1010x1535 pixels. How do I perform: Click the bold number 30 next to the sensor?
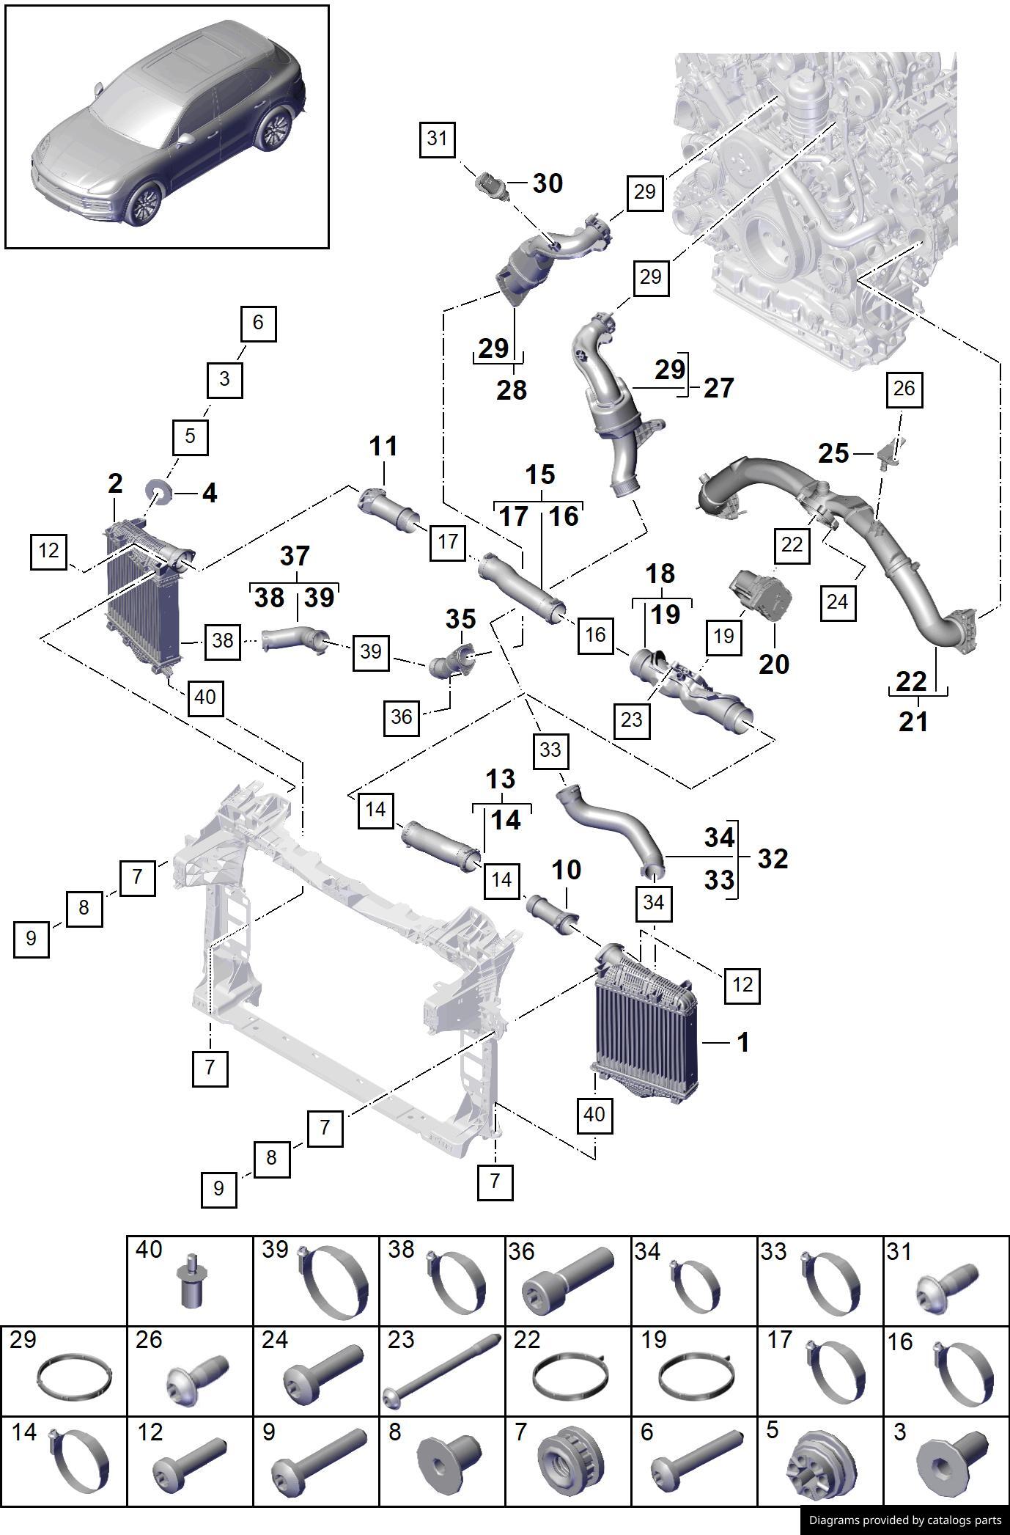pos(548,183)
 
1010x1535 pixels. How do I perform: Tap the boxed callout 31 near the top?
pos(437,138)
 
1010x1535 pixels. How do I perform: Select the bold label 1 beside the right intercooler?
pos(742,1042)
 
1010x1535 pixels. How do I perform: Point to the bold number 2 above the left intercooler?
pos(115,484)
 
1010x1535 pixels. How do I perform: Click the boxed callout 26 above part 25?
pos(904,389)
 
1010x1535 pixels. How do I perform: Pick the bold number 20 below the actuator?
pos(774,664)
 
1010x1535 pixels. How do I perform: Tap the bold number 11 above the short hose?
pos(383,446)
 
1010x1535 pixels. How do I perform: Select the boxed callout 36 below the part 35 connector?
pos(402,717)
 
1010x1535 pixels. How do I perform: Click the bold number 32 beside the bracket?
pos(773,859)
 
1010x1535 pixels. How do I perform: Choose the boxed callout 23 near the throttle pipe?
pos(631,719)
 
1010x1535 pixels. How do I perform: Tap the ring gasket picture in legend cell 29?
pos(73,1379)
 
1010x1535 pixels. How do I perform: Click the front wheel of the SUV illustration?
pos(144,203)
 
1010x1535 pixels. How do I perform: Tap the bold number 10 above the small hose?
pos(566,871)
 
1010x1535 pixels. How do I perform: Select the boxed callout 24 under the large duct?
pos(836,602)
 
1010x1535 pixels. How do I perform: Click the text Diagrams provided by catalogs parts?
pos(904,1520)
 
